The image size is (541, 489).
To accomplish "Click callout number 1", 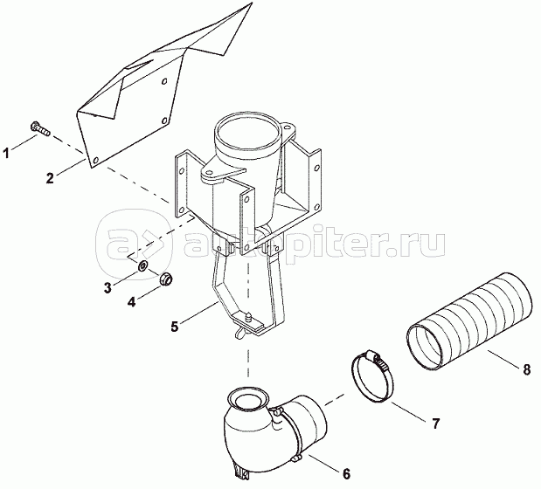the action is pos(6,153).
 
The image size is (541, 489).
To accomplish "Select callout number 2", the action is pos(50,178).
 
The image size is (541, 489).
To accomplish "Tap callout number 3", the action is pos(108,287).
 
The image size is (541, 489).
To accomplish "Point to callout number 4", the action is pos(131,302).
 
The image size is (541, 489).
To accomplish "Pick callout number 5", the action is pos(175,326).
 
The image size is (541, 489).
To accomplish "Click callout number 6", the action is pos(346,474).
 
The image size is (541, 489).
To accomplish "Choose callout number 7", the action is pos(436,424).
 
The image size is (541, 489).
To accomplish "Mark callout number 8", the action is pos(526,369).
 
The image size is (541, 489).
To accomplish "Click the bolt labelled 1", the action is pos(40,128).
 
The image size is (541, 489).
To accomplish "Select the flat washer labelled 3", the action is pos(142,265).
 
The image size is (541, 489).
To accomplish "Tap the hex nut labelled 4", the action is pos(166,279).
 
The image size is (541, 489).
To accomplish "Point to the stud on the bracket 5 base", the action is pos(247,316).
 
